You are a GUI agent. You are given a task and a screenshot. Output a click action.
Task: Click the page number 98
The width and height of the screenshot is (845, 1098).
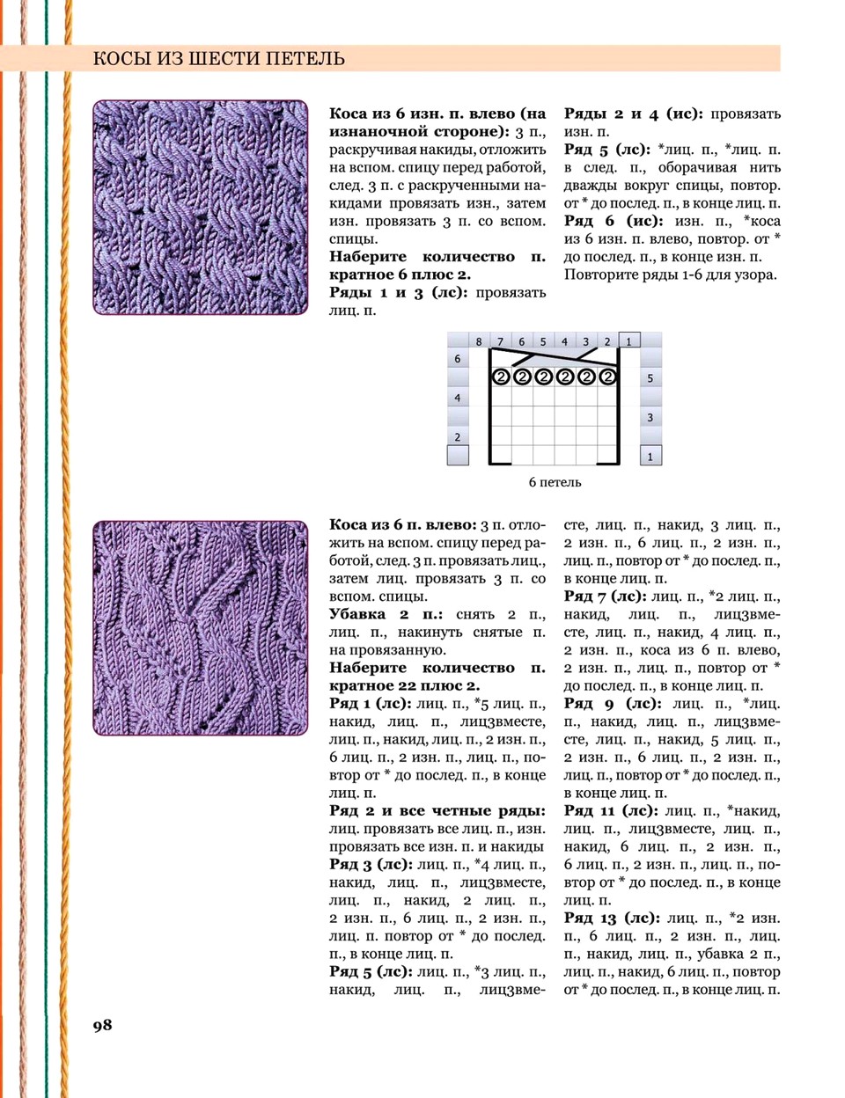coord(102,1024)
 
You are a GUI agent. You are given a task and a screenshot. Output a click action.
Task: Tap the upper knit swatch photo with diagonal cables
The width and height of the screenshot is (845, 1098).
coord(201,208)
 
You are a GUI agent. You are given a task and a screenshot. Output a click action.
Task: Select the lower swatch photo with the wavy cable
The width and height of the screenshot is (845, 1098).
coord(201,628)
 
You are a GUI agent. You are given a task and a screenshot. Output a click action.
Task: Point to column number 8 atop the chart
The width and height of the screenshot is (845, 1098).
coord(479,341)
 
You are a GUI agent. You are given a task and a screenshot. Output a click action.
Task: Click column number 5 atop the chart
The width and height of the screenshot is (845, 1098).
coord(543,341)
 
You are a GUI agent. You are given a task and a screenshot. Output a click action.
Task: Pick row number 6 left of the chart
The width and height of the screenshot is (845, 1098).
coord(458,359)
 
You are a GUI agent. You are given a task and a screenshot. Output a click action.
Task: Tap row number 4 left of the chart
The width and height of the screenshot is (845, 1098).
coord(458,398)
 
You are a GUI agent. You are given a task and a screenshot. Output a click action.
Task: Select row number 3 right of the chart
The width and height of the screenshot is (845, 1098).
coord(650,417)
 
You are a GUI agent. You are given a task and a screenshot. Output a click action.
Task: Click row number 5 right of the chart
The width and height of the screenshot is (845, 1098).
coord(650,378)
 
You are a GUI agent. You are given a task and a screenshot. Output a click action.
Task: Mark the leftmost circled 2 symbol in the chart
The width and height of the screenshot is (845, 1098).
coord(501,377)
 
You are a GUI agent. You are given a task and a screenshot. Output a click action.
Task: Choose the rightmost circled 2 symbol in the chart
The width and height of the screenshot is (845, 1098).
coord(607,377)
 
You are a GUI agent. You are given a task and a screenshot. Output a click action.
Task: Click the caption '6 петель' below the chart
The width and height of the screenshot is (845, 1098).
coord(555,482)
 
